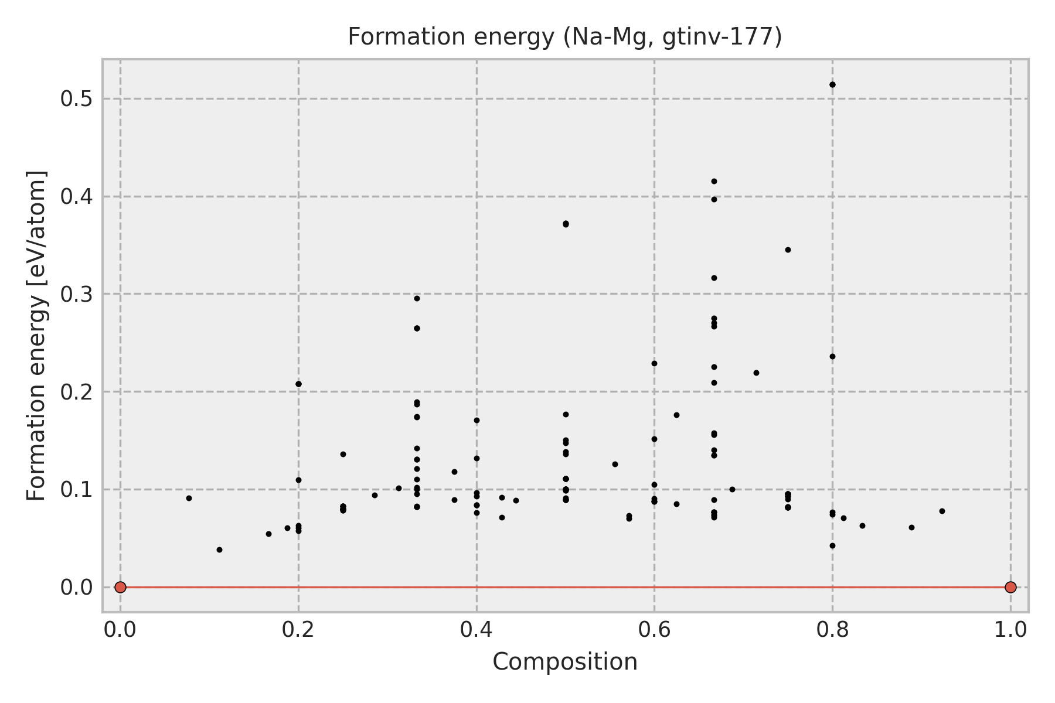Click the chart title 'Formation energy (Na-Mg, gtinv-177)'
coord(565,37)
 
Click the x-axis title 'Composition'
coord(565,662)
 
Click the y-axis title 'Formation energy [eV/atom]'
coord(37,336)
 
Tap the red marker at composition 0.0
coord(120,587)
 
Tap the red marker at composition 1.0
coord(1010,587)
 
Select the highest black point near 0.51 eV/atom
coord(832,84)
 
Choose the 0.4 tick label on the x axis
coord(476,630)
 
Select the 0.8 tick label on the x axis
coord(832,630)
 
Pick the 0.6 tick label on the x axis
coord(654,630)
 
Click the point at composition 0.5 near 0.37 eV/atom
coord(566,224)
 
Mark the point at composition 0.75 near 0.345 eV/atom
coord(788,250)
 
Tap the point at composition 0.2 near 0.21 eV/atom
coord(298,384)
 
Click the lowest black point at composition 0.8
coord(832,545)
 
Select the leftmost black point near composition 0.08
coord(189,498)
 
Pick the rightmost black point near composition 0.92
coord(942,511)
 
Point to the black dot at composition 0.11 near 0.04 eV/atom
coord(219,550)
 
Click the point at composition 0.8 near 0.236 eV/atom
coord(832,356)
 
